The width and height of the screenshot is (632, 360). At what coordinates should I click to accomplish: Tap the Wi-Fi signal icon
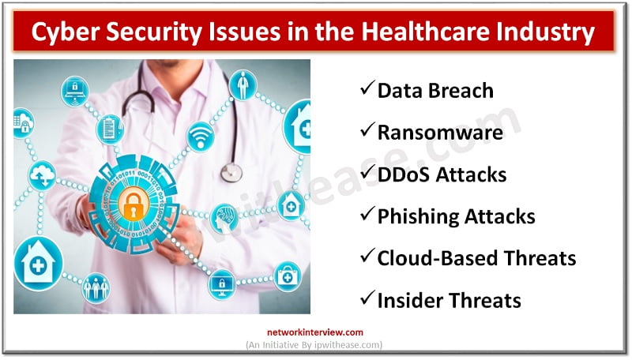(200, 137)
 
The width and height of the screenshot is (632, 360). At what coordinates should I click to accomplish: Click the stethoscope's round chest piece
(231, 171)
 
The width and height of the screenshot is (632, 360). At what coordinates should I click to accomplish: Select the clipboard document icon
(109, 129)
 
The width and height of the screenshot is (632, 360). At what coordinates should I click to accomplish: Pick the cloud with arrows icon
(41, 174)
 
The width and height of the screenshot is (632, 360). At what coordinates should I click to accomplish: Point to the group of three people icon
(96, 287)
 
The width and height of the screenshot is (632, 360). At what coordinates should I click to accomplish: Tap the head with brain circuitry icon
(225, 218)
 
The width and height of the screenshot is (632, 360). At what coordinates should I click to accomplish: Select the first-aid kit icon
(286, 276)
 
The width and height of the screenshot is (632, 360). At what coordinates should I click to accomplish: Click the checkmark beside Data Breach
(367, 90)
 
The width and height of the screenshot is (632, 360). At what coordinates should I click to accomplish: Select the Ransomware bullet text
(439, 132)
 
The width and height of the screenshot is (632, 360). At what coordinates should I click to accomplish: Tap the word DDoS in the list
(405, 174)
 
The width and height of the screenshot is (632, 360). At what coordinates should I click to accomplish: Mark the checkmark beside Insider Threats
(367, 299)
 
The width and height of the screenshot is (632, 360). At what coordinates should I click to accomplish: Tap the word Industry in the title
(556, 34)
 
